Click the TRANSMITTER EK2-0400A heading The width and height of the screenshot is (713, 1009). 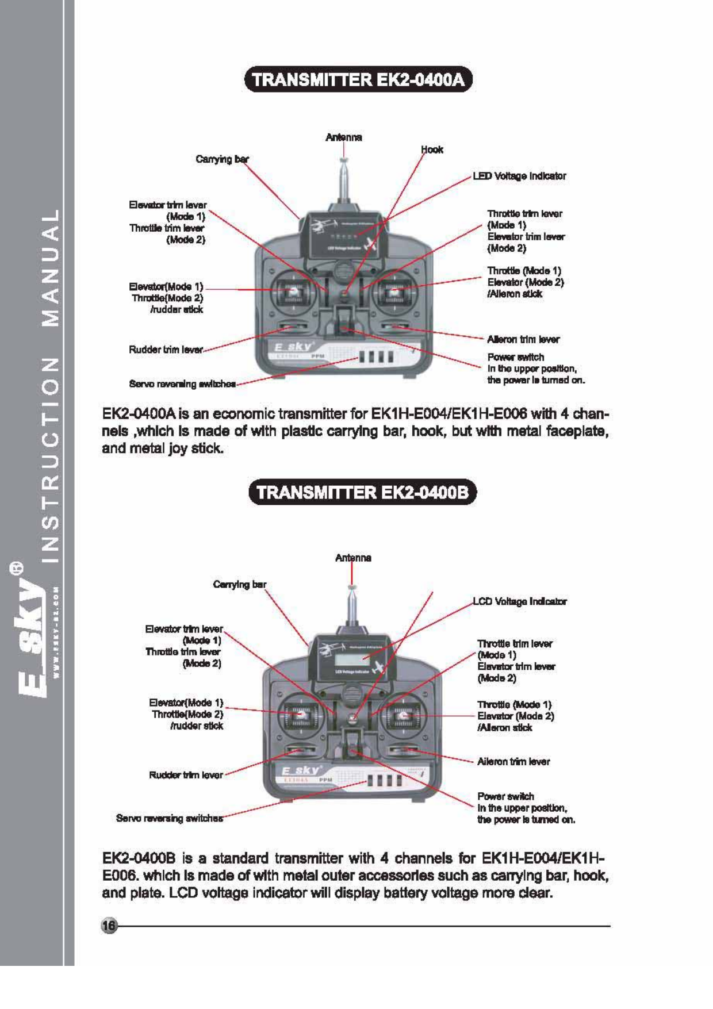(358, 79)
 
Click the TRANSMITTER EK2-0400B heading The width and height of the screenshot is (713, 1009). (362, 492)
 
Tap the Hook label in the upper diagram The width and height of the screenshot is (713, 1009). (432, 149)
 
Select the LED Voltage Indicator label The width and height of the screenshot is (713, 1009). (519, 176)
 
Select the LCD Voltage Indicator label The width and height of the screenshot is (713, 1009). (519, 601)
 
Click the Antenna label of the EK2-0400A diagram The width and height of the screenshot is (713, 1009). (343, 137)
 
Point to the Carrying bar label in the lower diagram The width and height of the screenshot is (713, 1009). (239, 584)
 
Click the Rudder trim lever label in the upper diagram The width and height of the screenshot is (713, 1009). (166, 350)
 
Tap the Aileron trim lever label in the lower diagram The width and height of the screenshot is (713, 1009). (513, 762)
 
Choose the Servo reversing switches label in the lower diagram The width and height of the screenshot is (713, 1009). (169, 818)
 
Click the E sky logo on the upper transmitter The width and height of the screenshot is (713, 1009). (293, 347)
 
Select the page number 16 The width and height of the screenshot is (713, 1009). (109, 926)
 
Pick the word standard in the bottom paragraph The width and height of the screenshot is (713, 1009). (239, 858)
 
